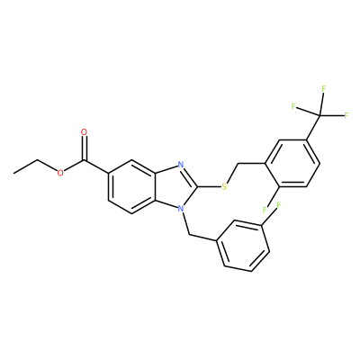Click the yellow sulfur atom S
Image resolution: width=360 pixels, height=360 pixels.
point(223,187)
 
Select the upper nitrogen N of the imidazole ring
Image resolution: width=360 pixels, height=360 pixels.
point(181,165)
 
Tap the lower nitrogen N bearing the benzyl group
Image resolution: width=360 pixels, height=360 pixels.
point(180,208)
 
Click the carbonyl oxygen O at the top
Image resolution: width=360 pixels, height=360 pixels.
point(85,132)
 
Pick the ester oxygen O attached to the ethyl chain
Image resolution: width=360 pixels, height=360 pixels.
point(60,173)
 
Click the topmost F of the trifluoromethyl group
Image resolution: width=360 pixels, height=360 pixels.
point(324,89)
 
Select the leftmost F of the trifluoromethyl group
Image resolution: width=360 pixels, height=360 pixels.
point(293,105)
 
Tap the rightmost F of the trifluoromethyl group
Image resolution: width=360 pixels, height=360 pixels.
point(346,115)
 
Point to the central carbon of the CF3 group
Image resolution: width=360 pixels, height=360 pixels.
point(319,115)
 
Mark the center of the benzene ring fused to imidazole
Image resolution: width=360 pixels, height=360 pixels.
point(132,186)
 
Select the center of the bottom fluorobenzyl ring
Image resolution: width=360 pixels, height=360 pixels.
point(243,246)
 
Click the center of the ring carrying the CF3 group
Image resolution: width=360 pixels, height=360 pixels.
point(292,164)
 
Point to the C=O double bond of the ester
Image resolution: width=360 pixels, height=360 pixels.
point(85,148)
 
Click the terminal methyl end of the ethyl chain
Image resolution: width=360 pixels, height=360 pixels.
point(13,173)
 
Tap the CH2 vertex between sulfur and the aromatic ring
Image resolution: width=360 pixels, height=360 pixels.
point(238,164)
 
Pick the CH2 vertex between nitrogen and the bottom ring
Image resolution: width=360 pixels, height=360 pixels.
point(190,235)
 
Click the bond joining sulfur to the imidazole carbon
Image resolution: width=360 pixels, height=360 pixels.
point(209,186)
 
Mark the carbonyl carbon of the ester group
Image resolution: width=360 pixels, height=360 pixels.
point(85,161)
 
